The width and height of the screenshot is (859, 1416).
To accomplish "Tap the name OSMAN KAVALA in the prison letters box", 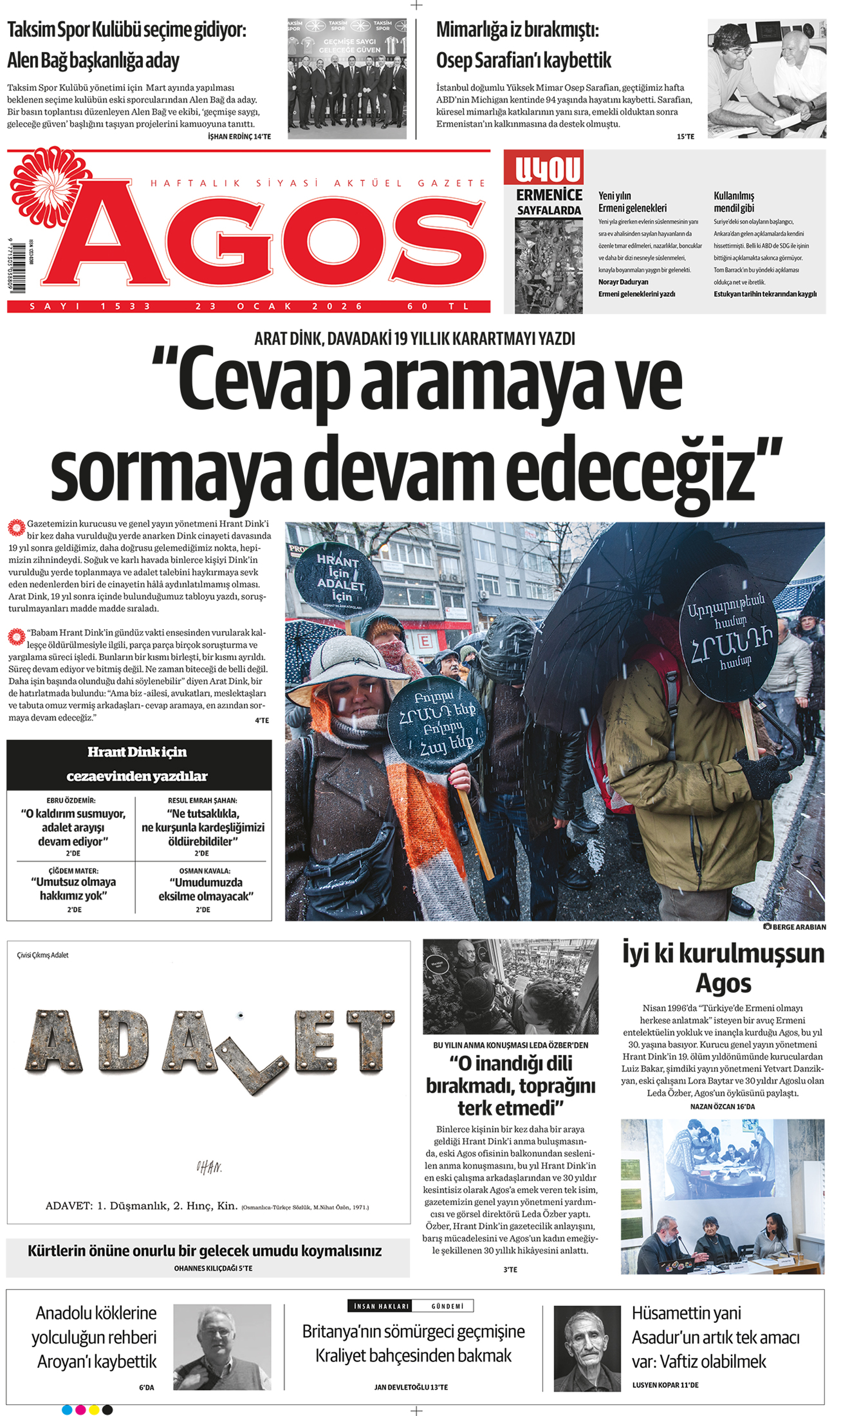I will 204,871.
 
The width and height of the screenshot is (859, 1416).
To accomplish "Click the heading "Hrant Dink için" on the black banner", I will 137,752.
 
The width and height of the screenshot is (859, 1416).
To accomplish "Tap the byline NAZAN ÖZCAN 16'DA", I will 722,1106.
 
